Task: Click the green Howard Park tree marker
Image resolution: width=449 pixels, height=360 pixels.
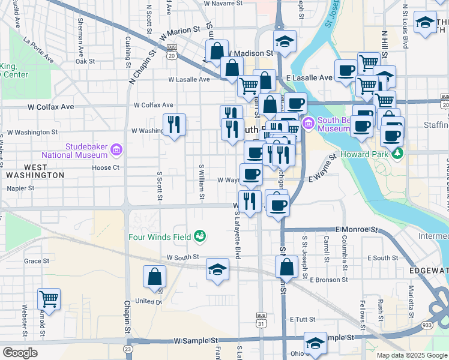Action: (x=397, y=154)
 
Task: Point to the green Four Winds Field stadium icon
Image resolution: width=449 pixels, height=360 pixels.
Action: (x=200, y=236)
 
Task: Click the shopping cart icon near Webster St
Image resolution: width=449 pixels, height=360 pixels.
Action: (x=49, y=298)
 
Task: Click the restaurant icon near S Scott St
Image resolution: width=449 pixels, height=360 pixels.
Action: (x=175, y=124)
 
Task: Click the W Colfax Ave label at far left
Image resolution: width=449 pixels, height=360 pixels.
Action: (x=50, y=107)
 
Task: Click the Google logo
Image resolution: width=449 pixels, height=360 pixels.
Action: (x=20, y=353)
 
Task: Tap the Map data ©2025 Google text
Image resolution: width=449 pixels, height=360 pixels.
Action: (x=412, y=355)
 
